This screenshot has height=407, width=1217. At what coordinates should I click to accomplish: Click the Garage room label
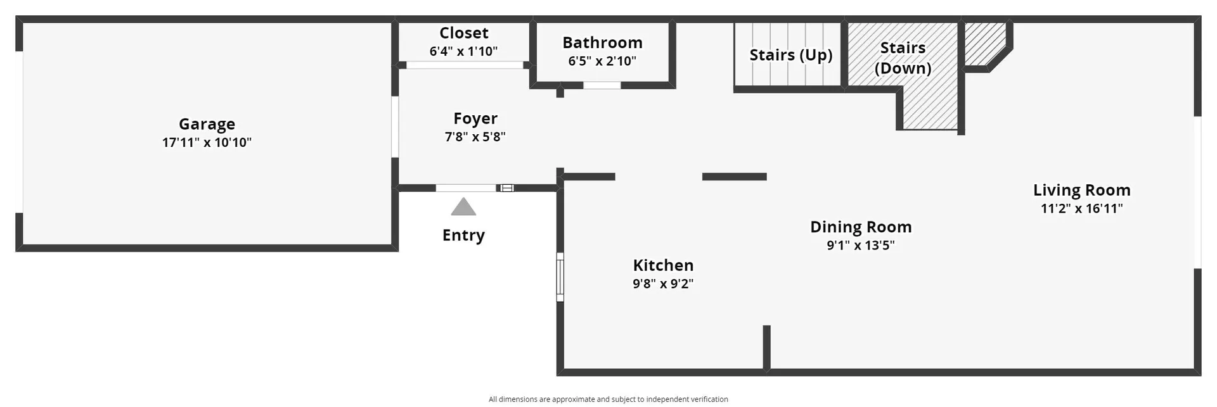(207, 125)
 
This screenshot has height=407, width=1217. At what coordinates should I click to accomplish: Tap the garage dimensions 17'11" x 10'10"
(207, 142)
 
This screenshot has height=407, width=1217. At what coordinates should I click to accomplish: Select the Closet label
(464, 33)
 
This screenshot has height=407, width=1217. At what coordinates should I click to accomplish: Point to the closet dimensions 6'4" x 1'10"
(463, 51)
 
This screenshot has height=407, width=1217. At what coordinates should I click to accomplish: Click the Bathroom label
(602, 42)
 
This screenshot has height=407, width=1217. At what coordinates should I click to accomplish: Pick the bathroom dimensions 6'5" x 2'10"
(602, 61)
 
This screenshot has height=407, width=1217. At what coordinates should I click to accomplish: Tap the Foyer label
(475, 119)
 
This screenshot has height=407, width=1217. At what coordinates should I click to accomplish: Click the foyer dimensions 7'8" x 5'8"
(475, 137)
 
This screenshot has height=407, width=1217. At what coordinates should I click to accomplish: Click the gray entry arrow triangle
(463, 207)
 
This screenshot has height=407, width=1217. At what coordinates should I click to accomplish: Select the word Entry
(463, 235)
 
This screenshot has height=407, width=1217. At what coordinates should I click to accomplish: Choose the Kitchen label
(663, 265)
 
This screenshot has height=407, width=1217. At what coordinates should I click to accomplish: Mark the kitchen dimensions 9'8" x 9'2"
(663, 284)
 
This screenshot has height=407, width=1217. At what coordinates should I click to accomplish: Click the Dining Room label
(861, 227)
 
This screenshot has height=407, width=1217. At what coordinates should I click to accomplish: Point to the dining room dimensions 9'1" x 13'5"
(861, 246)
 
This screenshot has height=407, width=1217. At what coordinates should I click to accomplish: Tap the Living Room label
(1082, 191)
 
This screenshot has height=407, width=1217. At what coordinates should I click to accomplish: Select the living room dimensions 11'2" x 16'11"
(1082, 208)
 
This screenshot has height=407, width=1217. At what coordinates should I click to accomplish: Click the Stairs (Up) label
(791, 55)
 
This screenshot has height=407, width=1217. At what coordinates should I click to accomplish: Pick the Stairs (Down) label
(903, 58)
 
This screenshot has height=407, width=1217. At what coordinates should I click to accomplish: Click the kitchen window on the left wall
(560, 277)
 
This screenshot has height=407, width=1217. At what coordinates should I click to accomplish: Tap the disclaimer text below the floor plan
(608, 399)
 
